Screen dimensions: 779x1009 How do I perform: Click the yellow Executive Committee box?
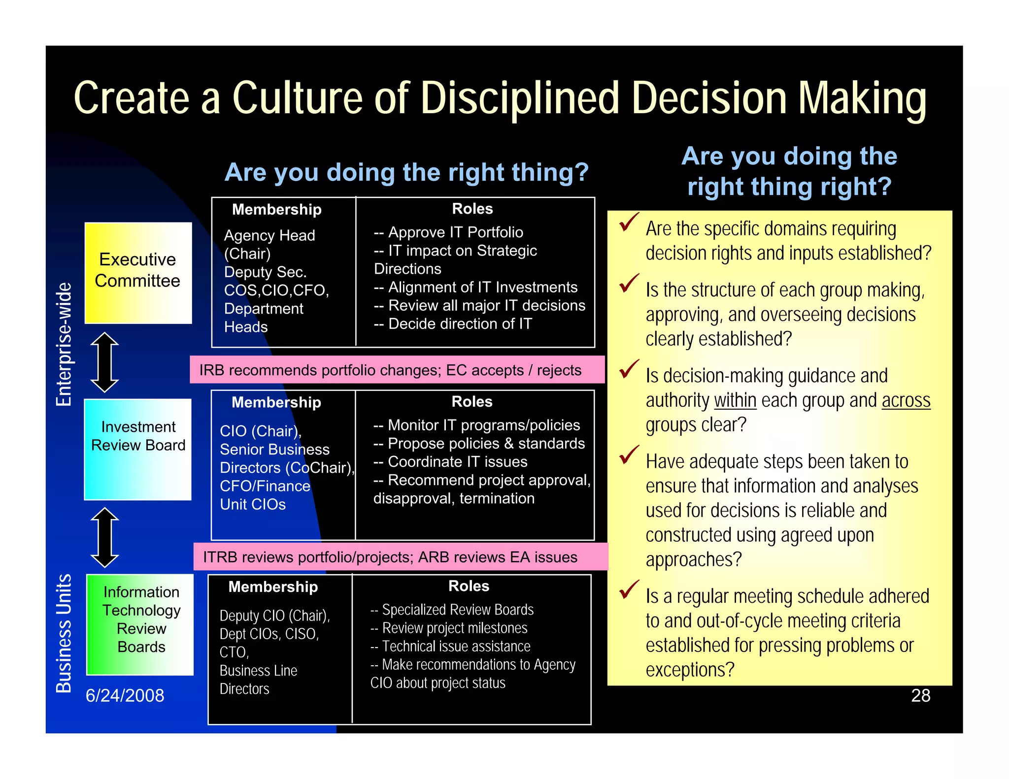138,273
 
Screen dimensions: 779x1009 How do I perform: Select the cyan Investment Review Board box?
138,449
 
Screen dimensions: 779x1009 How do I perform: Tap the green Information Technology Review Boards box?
140,624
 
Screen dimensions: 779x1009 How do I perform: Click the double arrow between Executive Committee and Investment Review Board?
105,362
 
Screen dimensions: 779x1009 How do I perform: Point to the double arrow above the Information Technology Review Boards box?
105,537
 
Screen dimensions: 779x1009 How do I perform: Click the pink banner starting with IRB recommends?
397,370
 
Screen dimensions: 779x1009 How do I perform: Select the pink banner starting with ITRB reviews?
400,557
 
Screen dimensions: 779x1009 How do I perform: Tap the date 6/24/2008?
125,695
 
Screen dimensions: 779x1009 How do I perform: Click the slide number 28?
920,695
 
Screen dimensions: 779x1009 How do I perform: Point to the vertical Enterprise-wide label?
64,345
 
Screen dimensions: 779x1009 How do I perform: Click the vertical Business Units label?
64,633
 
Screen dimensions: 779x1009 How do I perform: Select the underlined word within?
735,400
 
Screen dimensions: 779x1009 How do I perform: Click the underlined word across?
906,400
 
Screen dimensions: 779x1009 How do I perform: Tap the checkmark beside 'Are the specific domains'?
629,222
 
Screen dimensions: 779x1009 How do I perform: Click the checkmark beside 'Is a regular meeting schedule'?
629,589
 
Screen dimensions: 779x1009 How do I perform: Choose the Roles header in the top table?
472,209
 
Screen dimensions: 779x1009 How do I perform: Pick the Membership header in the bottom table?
273,586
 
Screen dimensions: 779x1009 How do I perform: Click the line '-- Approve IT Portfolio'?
448,232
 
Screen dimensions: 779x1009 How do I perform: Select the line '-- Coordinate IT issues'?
450,462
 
